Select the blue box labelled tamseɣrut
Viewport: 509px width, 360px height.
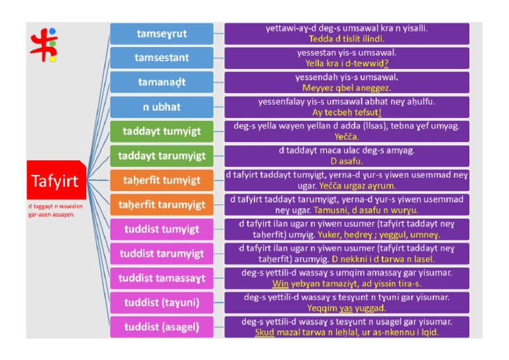[162, 34]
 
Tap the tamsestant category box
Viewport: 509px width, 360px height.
[162, 58]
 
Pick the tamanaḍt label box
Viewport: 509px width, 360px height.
[162, 82]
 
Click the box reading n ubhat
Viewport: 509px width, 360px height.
[162, 107]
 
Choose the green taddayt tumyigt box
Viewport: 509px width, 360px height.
[162, 131]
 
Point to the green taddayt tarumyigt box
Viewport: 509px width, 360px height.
[162, 156]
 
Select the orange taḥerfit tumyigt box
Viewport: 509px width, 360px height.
[162, 180]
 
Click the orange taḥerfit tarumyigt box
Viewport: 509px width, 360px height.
[162, 205]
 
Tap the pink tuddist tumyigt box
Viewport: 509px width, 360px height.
[162, 229]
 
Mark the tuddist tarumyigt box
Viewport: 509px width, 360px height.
[162, 254]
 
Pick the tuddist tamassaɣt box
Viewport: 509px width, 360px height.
[162, 278]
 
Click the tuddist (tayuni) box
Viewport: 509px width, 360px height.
[162, 303]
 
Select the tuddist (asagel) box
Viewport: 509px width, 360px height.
[162, 328]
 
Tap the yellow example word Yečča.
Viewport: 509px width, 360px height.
[346, 137]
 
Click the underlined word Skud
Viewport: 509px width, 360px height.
[264, 332]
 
